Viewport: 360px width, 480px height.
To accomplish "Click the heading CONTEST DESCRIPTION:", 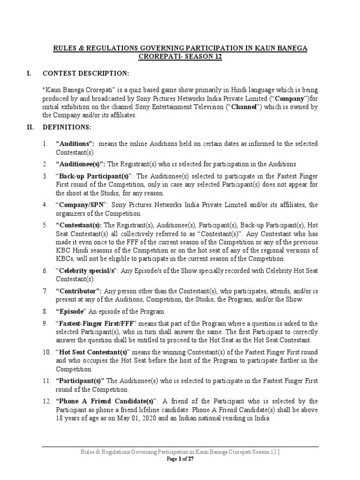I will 85,73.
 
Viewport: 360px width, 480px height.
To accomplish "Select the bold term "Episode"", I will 71,311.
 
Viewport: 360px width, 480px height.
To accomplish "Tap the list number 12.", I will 46,401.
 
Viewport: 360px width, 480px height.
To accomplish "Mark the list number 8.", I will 45,311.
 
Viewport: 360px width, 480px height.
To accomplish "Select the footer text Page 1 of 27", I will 180,459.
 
